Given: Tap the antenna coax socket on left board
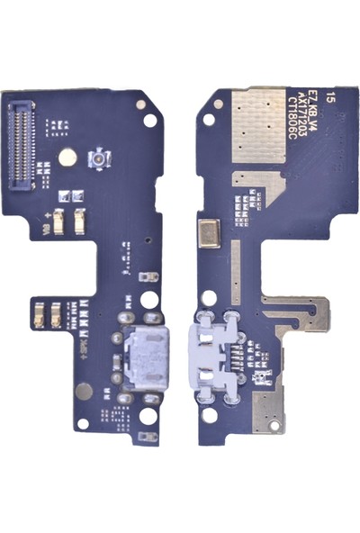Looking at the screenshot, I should (x=96, y=160).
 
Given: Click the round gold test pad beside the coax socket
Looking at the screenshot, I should (x=67, y=157).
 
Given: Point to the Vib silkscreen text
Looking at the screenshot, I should (x=47, y=231).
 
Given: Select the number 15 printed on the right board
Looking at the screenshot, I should (x=336, y=95).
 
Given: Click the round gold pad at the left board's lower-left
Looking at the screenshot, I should (x=85, y=391).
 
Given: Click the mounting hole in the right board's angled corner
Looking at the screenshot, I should (x=208, y=119).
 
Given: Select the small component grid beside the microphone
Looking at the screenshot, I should (x=241, y=212).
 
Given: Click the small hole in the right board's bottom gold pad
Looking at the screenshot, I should (x=267, y=404).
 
